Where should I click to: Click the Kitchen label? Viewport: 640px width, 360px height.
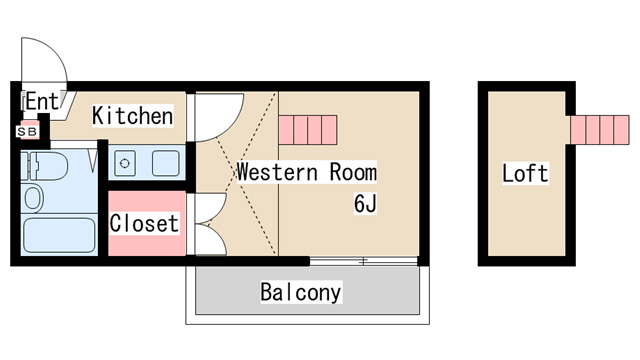pos(132,116)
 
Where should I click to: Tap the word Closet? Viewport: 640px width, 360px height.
pos(144,223)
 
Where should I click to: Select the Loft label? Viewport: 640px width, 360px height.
pos(525,173)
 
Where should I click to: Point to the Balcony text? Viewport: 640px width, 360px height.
pos(300,293)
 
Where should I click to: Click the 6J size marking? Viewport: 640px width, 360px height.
pos(363,205)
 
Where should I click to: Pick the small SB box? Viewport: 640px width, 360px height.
pos(27,131)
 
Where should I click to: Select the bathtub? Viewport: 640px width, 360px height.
pos(58,236)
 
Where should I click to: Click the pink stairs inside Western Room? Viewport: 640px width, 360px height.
pos(309,129)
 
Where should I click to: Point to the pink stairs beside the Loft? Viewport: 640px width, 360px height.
pos(599,129)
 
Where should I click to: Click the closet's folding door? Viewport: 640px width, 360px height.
pos(207,222)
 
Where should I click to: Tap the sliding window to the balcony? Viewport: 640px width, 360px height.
pos(362,261)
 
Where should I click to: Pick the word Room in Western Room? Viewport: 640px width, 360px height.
pos(353,172)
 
